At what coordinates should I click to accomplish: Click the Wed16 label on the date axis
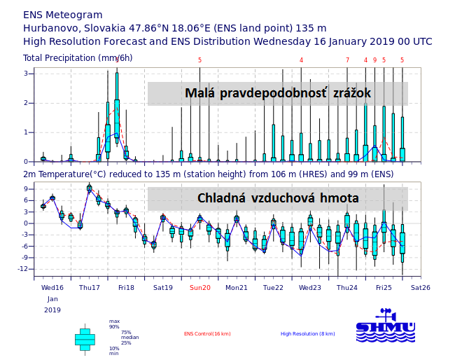pos(52,287)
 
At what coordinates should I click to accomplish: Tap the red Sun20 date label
pos(199,287)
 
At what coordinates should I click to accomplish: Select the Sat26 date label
pos(420,287)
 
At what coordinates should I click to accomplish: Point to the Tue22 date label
pos(273,287)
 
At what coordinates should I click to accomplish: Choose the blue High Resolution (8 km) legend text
pos(308,334)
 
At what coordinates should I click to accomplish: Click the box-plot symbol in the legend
pos(85,338)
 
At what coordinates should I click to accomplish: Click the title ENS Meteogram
pos(63,15)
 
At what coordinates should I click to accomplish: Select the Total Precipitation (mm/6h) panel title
pos(87,57)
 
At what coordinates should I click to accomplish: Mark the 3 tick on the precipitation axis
pos(26,73)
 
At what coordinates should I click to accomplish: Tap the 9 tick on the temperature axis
pos(25,189)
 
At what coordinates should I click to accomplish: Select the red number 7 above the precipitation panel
pos(347,60)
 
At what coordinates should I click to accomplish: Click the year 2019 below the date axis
pos(52,310)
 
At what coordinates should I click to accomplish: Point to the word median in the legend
pos(127,338)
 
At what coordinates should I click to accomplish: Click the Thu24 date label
pos(346,287)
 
